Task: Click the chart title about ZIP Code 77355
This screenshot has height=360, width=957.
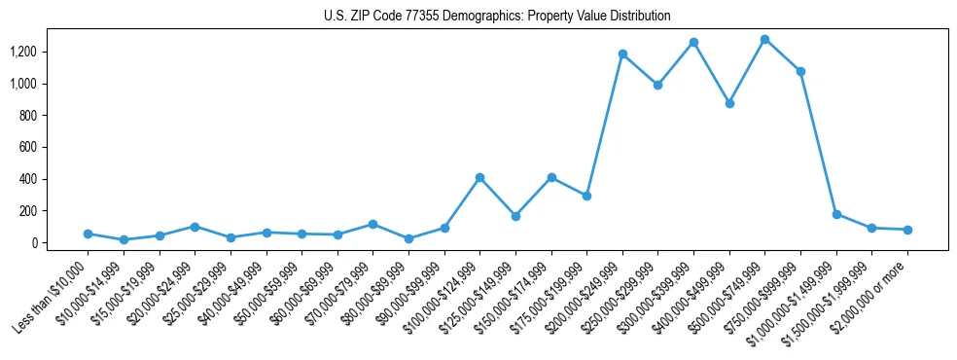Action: click(497, 16)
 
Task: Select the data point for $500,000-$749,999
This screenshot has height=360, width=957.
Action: click(764, 40)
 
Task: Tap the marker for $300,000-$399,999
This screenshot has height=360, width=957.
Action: click(693, 43)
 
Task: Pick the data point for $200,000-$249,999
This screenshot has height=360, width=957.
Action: click(622, 54)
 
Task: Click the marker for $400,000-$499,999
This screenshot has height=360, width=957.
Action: click(729, 103)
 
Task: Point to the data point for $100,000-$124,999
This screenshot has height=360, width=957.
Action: click(479, 178)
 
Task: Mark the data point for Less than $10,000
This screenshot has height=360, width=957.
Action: click(88, 234)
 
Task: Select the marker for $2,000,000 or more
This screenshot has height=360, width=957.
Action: click(907, 230)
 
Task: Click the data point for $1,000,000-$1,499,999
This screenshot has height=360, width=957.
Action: click(836, 214)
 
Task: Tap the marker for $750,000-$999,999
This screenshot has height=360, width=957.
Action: click(800, 71)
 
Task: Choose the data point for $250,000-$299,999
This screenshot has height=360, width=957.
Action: click(657, 85)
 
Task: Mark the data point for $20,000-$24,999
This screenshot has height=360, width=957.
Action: click(195, 227)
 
